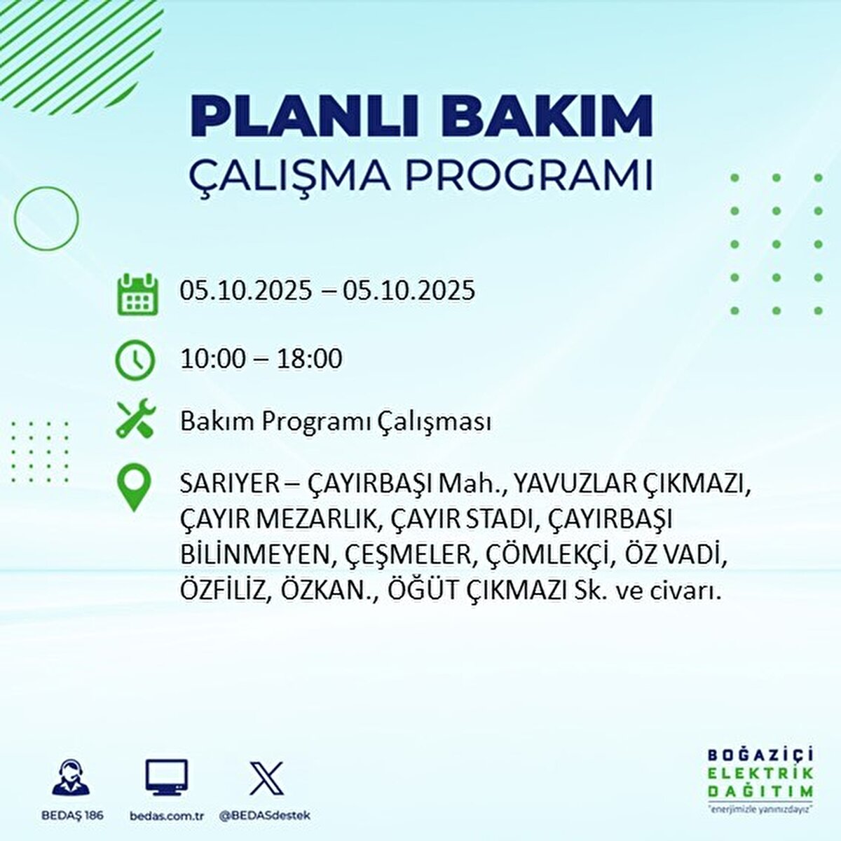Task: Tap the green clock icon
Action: [x=134, y=360]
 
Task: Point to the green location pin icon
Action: [x=134, y=488]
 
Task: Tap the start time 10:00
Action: [x=213, y=360]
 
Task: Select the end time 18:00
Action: [x=310, y=360]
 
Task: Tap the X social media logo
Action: [x=266, y=778]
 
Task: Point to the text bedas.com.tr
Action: [x=166, y=816]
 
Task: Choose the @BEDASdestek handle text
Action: [x=265, y=816]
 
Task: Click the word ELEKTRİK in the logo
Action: [x=760, y=773]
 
